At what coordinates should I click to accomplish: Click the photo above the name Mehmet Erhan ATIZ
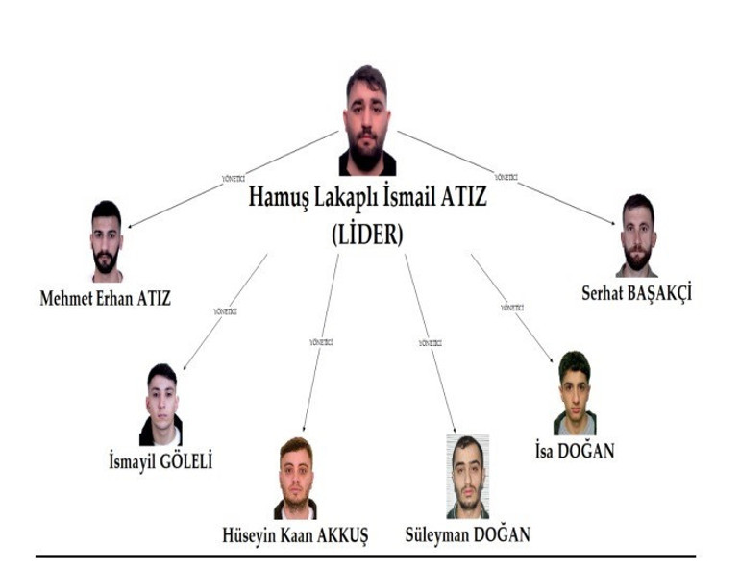[107, 241]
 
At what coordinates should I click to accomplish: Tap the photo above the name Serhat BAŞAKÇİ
[636, 235]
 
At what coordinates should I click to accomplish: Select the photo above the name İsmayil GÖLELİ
[161, 405]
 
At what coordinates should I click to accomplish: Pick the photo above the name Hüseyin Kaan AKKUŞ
[295, 479]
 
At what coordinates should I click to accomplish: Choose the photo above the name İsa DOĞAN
[574, 393]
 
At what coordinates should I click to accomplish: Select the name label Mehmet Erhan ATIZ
[105, 298]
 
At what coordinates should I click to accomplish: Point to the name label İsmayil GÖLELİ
[160, 462]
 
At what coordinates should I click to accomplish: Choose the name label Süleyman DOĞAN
[468, 533]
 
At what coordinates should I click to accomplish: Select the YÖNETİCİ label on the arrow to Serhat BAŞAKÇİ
[506, 177]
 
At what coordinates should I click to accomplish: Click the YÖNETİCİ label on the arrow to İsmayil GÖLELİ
[224, 311]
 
